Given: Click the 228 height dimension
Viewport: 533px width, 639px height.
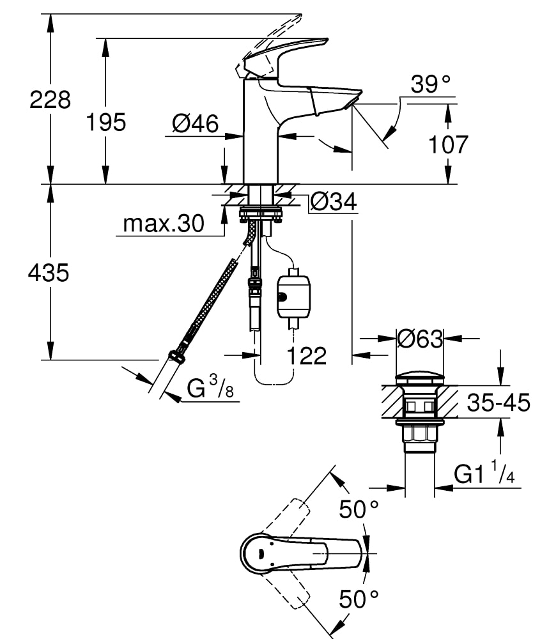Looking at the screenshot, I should point(50,100).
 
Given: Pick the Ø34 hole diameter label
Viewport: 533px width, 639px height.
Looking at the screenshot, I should point(333,203).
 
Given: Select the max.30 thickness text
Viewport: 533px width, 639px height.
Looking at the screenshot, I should point(163,224).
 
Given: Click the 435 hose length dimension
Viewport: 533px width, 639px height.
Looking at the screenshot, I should point(49,273).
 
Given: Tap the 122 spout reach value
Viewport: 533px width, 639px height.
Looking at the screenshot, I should point(305,356).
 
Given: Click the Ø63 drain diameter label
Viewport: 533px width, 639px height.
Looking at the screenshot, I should point(419,338).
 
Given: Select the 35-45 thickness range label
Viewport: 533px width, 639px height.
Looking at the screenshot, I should point(498,403).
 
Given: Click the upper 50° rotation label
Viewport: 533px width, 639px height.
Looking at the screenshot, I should point(359,509).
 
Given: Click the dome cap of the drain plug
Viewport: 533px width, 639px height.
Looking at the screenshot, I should point(419,377).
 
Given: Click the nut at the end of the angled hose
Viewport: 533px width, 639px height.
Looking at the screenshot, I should point(176,355).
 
